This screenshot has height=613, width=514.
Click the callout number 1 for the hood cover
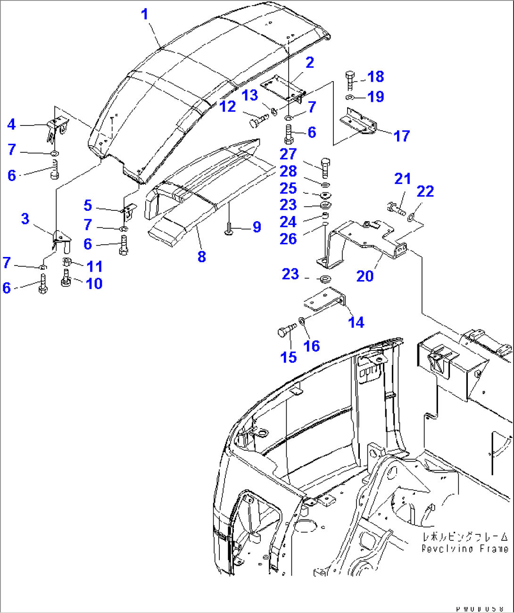click(x=145, y=14)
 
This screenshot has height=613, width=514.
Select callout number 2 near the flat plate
click(x=310, y=63)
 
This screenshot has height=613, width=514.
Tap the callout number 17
click(x=401, y=136)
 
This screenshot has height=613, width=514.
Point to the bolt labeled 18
click(x=349, y=81)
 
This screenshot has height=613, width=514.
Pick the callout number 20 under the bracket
click(x=365, y=276)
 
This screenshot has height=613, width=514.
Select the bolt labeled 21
click(x=396, y=209)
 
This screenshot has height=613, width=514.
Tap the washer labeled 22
click(x=411, y=217)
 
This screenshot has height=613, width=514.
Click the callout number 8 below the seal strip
click(x=202, y=257)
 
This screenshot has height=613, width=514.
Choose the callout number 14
click(x=356, y=323)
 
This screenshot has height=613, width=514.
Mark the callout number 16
click(x=312, y=346)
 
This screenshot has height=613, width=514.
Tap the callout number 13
click(x=250, y=95)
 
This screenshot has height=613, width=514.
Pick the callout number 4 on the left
click(x=12, y=124)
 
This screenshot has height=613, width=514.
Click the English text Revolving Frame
click(x=464, y=549)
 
